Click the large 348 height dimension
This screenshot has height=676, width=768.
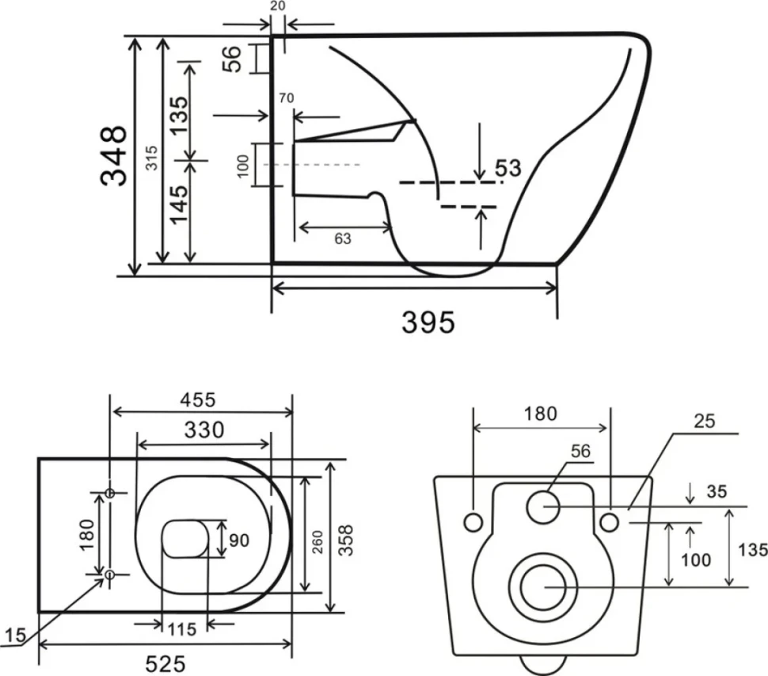pos(114,156)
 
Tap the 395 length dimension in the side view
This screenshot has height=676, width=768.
pos(428,323)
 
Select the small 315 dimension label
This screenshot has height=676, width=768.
pos(152,158)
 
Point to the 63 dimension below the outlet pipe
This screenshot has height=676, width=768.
pos(343,239)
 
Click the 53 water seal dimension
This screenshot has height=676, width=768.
pos(508,168)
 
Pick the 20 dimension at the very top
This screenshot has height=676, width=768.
pos(278,6)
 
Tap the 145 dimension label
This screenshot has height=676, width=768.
pos(179,204)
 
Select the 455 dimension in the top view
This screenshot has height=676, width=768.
pos(197,400)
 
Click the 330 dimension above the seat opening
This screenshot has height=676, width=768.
pos(204,430)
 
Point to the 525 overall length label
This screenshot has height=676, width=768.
pos(165,664)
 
